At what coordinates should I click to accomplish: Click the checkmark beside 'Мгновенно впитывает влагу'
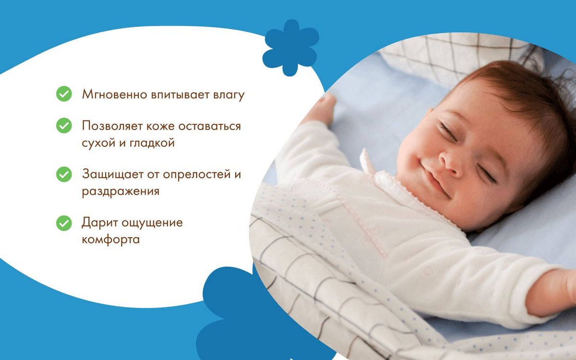pyautogui.click(x=64, y=94)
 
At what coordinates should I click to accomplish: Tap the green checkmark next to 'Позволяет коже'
pyautogui.click(x=64, y=125)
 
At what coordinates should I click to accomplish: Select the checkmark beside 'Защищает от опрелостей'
pyautogui.click(x=64, y=174)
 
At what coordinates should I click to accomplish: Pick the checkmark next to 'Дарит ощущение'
pyautogui.click(x=64, y=223)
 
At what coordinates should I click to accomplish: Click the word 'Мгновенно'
pyautogui.click(x=114, y=95)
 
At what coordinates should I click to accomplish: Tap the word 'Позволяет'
pyautogui.click(x=112, y=126)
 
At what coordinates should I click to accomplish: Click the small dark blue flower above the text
pyautogui.click(x=291, y=48)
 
